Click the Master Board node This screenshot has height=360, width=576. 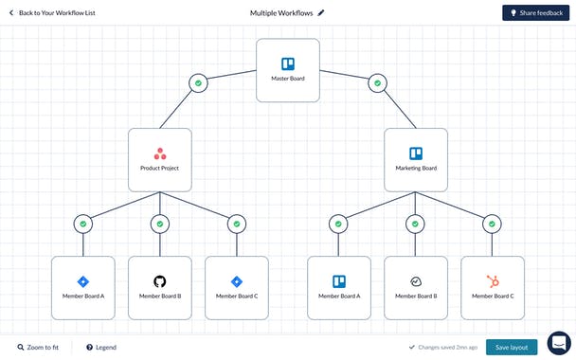coord(288,70)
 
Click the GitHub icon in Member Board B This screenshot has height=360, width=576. coord(159,281)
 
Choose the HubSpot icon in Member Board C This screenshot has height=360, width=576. coord(493,281)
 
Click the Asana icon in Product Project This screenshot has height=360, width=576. coord(159,153)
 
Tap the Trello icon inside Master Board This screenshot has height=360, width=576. coord(288,64)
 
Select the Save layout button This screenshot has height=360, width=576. coord(512,348)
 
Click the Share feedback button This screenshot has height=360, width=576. coord(536,13)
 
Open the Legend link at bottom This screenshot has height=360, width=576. coord(100,348)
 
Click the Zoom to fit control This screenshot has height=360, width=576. coord(38,348)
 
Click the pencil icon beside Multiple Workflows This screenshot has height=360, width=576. coord(321,13)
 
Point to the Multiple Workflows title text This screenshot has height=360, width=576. coord(281,13)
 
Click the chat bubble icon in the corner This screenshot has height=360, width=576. coord(559,342)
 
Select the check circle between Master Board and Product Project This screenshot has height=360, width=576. coord(198,83)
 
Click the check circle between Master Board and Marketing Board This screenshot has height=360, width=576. coord(377,83)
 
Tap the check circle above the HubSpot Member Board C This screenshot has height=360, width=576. coord(493,225)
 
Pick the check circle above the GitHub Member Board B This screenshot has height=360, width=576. coord(159,225)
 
